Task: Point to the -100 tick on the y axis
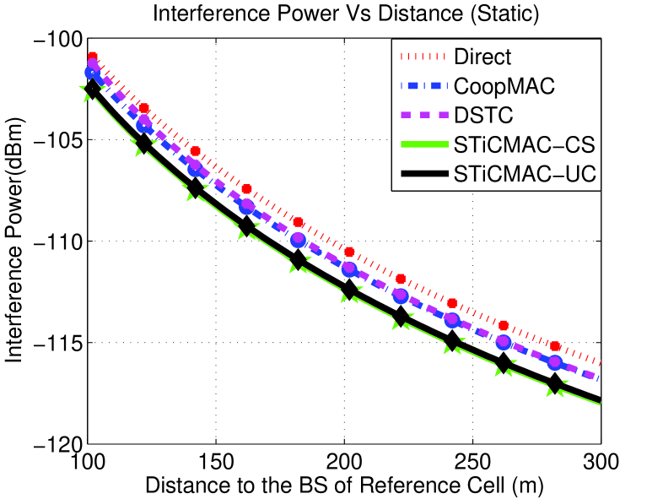tap(57, 40)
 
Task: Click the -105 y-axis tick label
tap(57, 140)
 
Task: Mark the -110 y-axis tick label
tap(57, 241)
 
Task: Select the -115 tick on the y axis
tap(57, 343)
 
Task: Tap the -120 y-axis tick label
tap(57, 444)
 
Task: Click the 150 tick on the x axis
tap(216, 462)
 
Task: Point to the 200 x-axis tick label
tap(344, 462)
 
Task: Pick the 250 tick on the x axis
tap(472, 462)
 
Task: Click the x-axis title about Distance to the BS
tap(344, 485)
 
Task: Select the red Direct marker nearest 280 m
tap(555, 346)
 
